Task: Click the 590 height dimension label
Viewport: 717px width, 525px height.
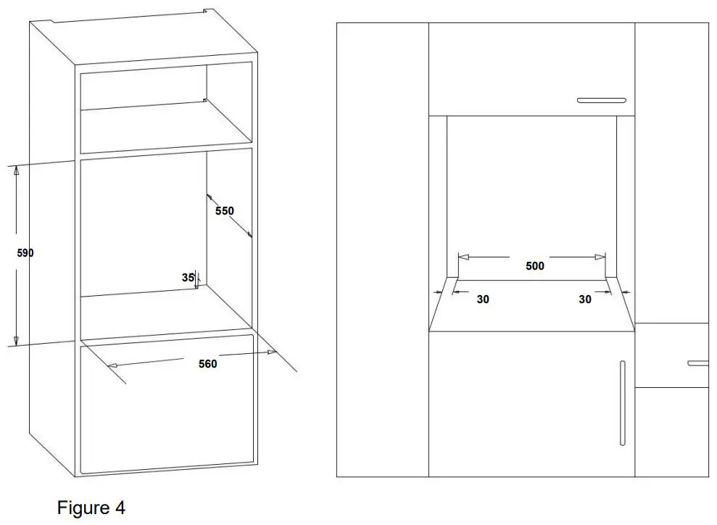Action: click(x=25, y=254)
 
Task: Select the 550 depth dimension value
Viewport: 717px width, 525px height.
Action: click(x=225, y=211)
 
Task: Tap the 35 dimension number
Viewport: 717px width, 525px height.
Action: click(x=188, y=277)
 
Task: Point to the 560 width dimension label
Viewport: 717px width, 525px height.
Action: click(x=208, y=364)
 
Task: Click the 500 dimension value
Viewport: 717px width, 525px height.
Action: click(x=534, y=266)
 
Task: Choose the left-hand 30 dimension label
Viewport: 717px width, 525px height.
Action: click(x=483, y=299)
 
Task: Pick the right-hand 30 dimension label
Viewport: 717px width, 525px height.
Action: click(x=585, y=299)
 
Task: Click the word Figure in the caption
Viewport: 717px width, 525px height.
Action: click(x=81, y=508)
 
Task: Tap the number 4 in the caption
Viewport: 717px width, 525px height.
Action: click(x=120, y=508)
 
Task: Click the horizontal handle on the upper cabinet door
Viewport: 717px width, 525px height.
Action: click(x=601, y=100)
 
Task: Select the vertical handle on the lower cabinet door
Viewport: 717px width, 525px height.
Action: click(x=622, y=402)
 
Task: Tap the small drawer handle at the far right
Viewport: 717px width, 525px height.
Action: click(x=698, y=362)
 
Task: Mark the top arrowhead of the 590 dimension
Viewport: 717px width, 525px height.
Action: click(x=16, y=170)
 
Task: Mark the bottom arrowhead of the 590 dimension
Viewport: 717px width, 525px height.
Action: click(x=16, y=341)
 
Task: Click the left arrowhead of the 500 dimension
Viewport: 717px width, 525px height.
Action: click(x=463, y=256)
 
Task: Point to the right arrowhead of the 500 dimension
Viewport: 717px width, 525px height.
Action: click(x=600, y=256)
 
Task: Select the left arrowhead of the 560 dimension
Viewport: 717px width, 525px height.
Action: click(x=112, y=367)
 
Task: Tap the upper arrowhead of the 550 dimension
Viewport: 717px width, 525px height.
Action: click(x=209, y=196)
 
